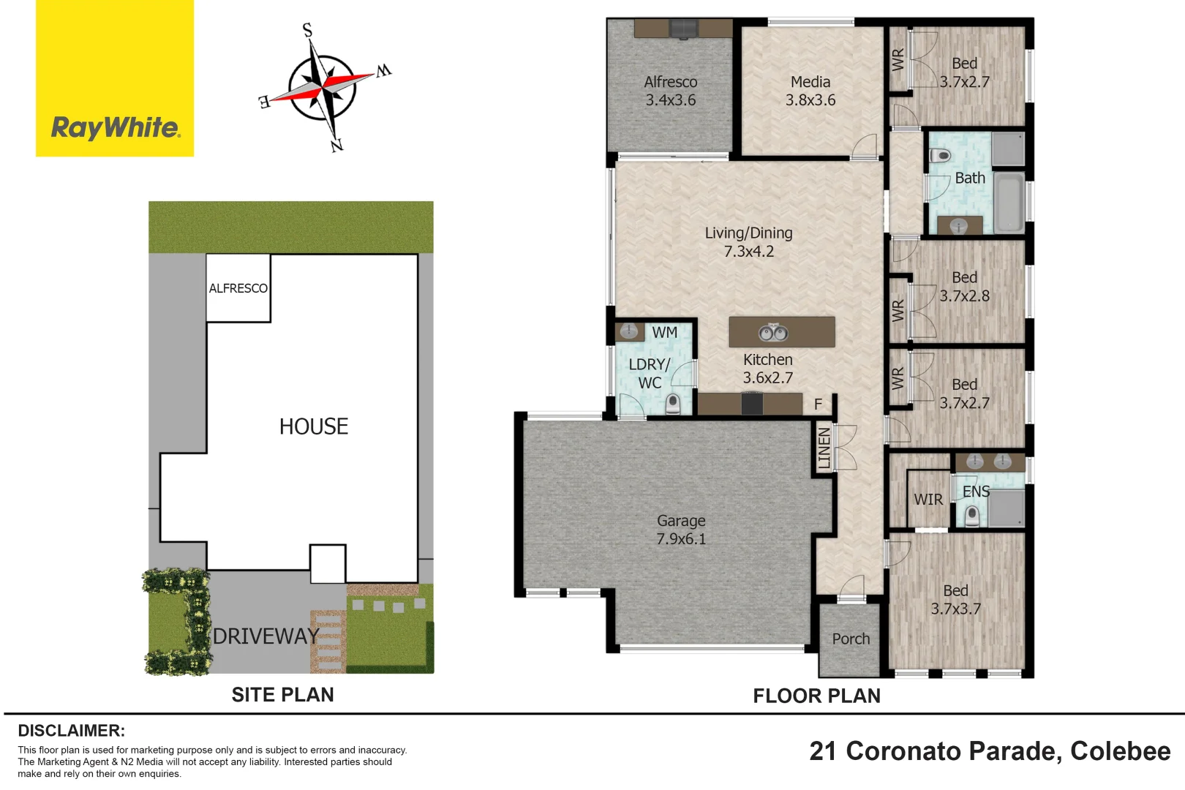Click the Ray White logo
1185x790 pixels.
click(115, 127)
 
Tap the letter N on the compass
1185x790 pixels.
click(336, 146)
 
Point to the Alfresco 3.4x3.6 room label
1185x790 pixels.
click(670, 91)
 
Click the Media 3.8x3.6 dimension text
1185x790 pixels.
click(810, 100)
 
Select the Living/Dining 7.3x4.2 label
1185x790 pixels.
click(748, 242)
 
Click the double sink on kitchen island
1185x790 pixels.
click(772, 334)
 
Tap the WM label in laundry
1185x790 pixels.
click(664, 333)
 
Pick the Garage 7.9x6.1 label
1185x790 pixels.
click(681, 530)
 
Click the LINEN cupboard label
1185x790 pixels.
click(824, 448)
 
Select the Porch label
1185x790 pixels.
click(851, 639)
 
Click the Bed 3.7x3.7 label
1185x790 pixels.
click(955, 600)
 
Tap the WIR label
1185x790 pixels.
click(928, 500)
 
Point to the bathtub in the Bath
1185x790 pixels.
click(1009, 202)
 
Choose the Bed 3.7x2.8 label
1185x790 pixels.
click(964, 287)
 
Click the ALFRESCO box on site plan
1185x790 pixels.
click(238, 288)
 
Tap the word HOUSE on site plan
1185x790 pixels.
click(314, 426)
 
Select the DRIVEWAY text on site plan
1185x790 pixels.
click(266, 636)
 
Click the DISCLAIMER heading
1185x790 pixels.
click(71, 731)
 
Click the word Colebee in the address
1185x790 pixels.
click(1120, 751)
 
